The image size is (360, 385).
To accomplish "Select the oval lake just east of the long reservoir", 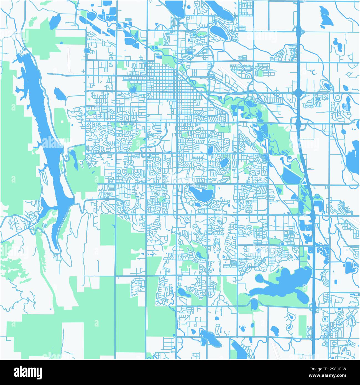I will [60, 94].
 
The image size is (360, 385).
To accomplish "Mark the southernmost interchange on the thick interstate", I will [314, 306].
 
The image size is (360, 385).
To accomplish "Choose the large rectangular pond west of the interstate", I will [291, 177].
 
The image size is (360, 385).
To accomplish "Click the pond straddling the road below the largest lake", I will [254, 305].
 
